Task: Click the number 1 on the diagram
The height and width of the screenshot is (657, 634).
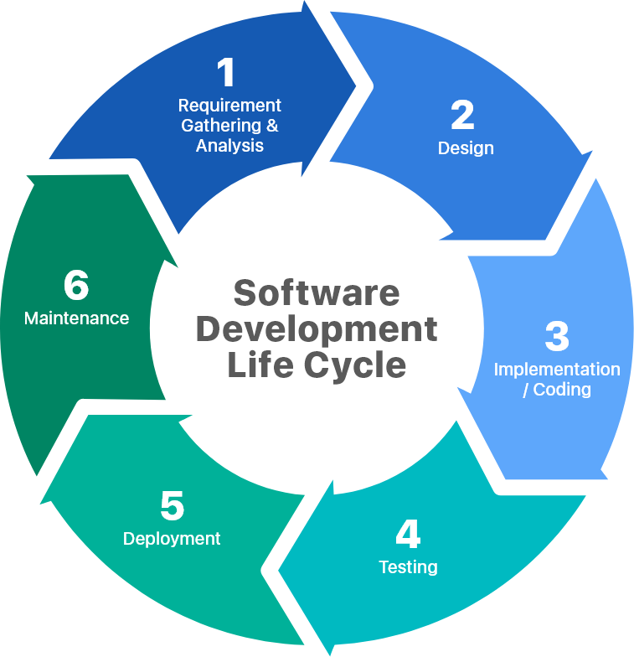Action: (227, 74)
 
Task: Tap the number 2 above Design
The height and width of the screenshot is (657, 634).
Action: (462, 116)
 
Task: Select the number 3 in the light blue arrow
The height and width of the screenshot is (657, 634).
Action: (557, 337)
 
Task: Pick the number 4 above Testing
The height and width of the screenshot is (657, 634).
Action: (408, 535)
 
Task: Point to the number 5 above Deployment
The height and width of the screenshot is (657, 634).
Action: (172, 506)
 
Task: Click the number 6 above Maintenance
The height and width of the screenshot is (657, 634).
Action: (76, 286)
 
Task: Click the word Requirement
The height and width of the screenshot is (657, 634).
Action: (229, 106)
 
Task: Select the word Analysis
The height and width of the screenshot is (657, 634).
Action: (229, 146)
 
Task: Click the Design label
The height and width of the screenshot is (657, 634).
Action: (466, 148)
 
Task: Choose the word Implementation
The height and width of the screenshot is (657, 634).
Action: (557, 370)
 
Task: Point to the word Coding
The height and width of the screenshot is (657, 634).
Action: (562, 390)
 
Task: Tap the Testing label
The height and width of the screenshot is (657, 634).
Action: (408, 567)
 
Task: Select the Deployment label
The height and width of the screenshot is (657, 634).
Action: (172, 539)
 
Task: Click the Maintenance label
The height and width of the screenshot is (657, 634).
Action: (76, 318)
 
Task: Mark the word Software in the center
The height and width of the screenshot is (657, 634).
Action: (317, 293)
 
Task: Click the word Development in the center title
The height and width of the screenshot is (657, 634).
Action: (317, 328)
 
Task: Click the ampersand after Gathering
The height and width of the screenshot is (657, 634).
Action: (271, 126)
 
